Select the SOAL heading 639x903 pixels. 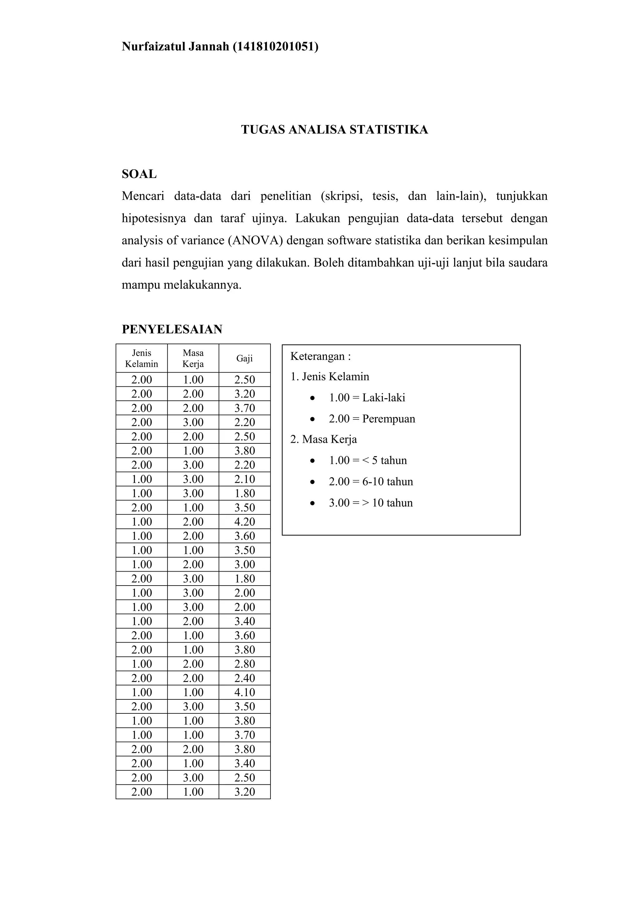139,174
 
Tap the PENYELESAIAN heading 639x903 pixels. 172,329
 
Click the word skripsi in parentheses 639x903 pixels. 342,196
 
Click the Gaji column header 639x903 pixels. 244,358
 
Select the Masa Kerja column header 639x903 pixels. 193,358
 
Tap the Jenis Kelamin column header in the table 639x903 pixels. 141,358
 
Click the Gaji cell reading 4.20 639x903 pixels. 244,522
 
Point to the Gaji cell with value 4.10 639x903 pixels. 244,692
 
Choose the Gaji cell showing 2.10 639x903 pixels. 244,479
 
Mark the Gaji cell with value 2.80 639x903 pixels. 244,664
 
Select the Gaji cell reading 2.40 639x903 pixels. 244,678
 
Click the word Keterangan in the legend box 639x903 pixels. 318,357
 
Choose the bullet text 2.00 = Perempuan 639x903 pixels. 372,419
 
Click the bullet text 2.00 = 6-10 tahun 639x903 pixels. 371,482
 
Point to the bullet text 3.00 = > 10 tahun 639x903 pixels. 371,503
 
